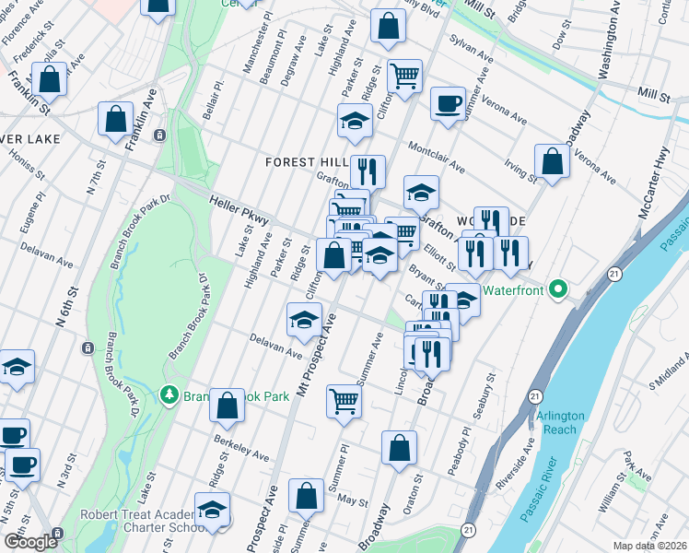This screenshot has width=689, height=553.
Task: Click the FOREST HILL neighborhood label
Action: tap(305, 161)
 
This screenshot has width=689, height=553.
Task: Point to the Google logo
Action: tap(29, 541)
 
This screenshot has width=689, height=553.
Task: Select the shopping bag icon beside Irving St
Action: tap(551, 162)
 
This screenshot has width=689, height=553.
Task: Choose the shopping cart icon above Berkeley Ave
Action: tap(344, 400)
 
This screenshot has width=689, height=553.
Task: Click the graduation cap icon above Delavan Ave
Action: tap(305, 320)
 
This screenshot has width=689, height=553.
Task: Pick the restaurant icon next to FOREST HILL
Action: tap(368, 171)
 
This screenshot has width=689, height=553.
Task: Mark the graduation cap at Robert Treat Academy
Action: tap(213, 510)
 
